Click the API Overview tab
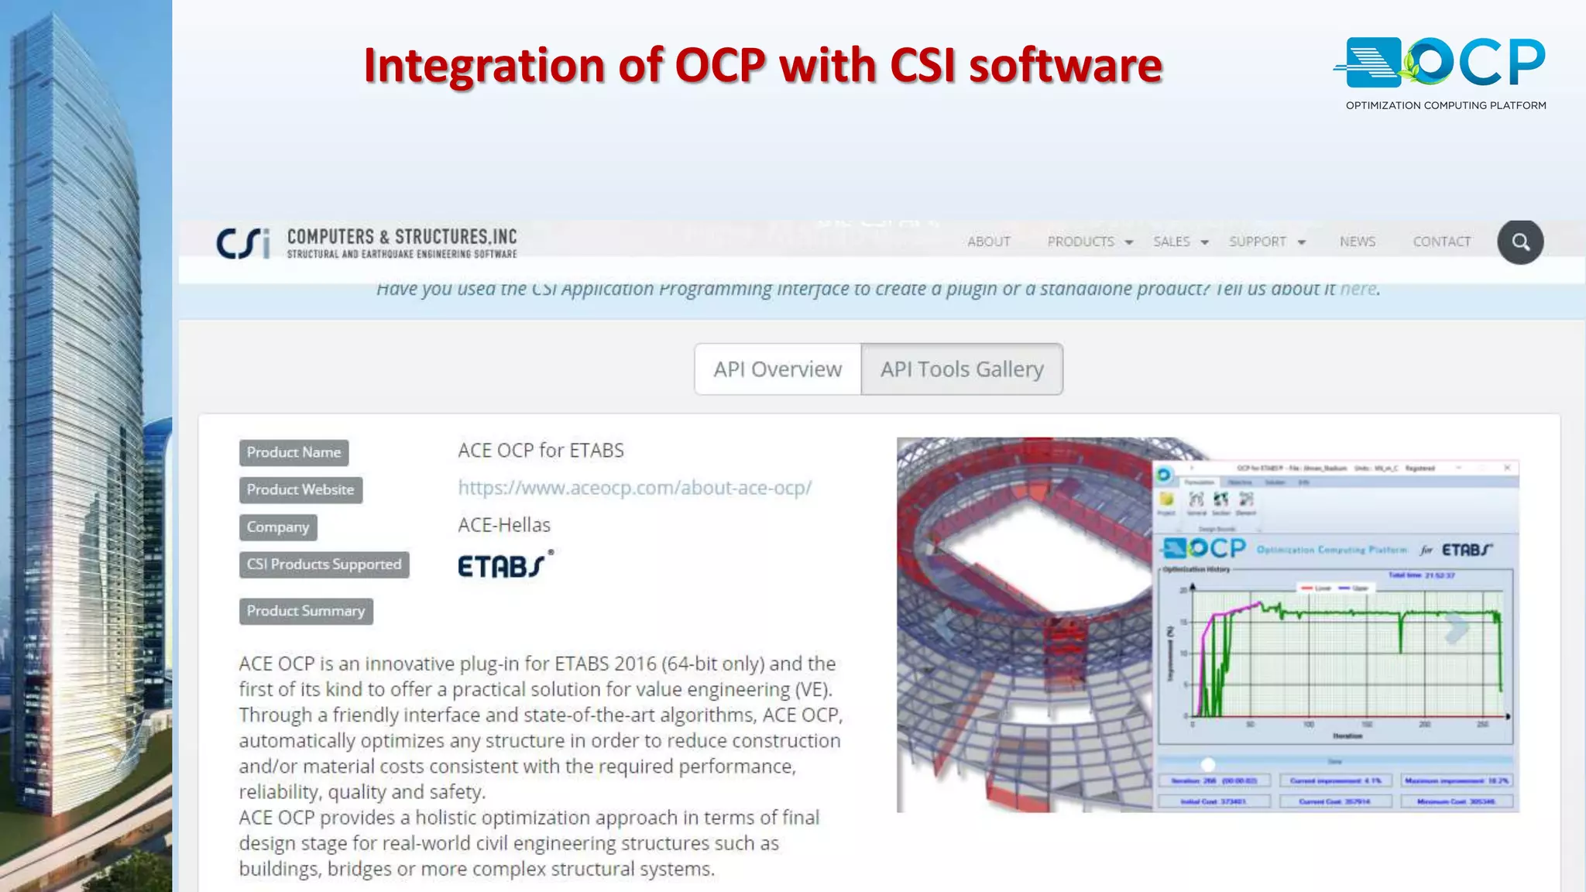[x=778, y=369]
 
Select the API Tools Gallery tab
[x=962, y=369]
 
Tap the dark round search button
[x=1520, y=242]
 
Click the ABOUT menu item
[x=989, y=242]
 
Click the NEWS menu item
[x=1358, y=242]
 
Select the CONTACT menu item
[x=1442, y=242]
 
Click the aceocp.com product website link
[x=634, y=488]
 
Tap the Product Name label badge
[x=294, y=452]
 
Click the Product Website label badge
[x=300, y=489]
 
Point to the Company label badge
[x=278, y=527]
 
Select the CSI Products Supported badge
[x=324, y=564]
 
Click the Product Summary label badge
[x=306, y=611]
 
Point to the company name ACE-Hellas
[x=504, y=525]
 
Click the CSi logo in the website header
[x=243, y=243]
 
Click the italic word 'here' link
[x=1358, y=289]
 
